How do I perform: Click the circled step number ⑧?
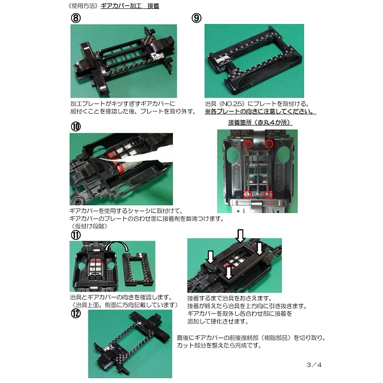coord(76,18)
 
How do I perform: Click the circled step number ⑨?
coord(196,18)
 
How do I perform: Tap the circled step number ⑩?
coord(76,126)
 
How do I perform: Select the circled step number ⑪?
coord(76,235)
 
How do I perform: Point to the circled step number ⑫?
coord(76,313)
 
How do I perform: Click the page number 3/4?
coord(314,365)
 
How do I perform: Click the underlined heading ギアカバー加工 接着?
coord(130,6)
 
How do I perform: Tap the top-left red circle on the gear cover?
coord(248,144)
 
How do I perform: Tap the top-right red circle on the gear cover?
coord(269,144)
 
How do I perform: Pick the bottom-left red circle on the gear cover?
coord(248,194)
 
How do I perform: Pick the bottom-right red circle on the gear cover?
coord(268,194)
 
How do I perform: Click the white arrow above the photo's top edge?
coord(241,236)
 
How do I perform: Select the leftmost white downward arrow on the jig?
coord(211,257)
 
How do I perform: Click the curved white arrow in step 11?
coord(117,244)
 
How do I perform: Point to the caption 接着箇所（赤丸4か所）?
coord(260,122)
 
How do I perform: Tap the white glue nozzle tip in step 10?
coord(102,159)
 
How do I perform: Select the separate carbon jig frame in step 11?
coord(138,269)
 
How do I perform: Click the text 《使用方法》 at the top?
coord(84,6)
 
